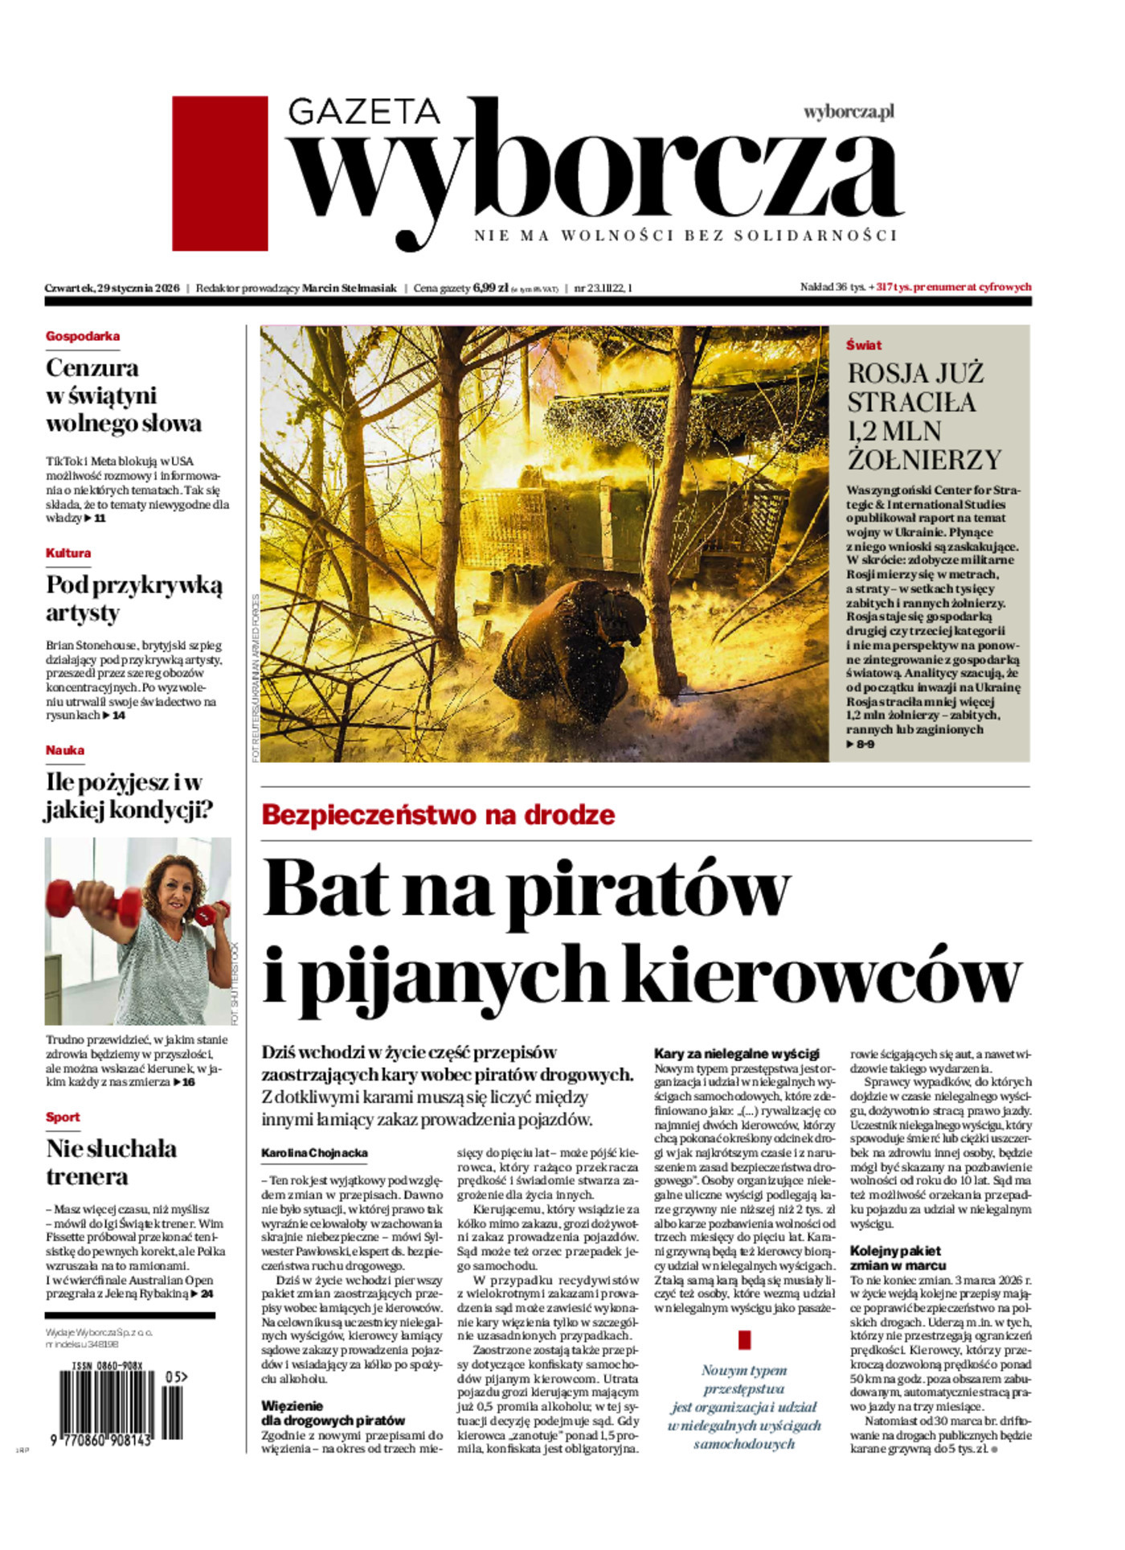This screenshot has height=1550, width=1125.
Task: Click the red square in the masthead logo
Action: (x=219, y=173)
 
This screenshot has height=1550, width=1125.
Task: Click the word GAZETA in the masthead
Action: (x=364, y=111)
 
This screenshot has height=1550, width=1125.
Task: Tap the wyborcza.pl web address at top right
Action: (x=849, y=112)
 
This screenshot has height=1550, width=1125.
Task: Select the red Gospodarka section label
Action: (x=83, y=336)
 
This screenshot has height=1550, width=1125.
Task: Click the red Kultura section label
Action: (x=68, y=553)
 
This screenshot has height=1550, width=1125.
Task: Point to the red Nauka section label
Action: (x=65, y=750)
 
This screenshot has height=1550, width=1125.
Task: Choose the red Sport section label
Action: (x=63, y=1117)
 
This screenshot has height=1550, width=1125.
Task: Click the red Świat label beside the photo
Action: (x=864, y=345)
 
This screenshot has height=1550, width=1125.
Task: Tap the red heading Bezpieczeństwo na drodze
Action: (x=438, y=814)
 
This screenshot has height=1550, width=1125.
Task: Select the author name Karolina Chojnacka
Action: (x=314, y=1153)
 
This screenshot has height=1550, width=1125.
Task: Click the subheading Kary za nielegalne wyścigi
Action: (x=736, y=1053)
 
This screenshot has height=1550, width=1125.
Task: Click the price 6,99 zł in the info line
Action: (x=490, y=287)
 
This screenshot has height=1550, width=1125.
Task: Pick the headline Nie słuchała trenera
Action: (x=111, y=1162)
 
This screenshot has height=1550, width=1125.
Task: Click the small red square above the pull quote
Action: (x=744, y=1339)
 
